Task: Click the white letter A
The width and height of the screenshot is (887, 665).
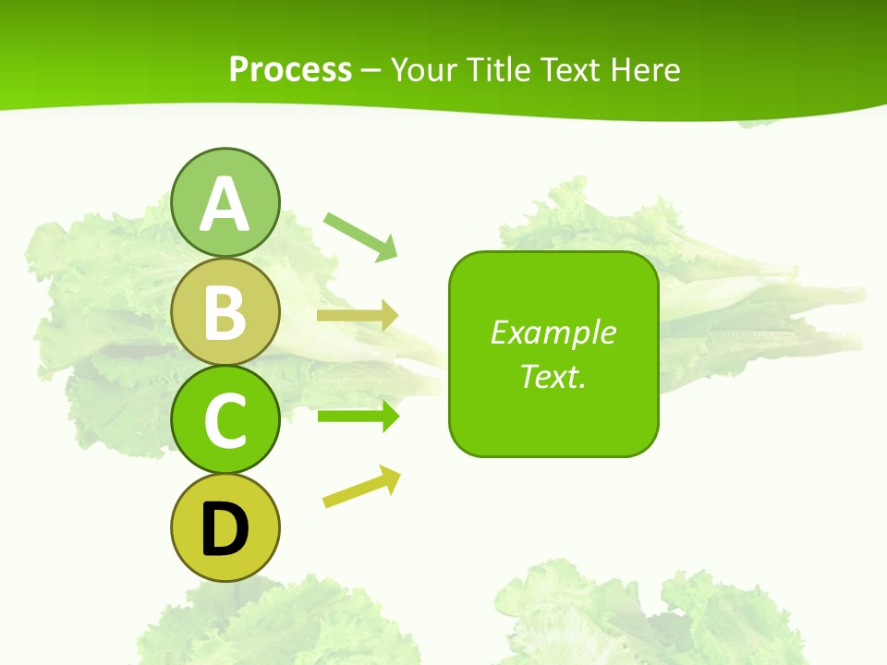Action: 225,205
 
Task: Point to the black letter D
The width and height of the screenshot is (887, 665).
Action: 225,529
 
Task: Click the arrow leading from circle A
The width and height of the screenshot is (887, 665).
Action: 360,236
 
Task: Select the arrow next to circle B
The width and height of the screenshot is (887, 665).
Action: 357,316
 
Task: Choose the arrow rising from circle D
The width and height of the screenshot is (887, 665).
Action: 361,487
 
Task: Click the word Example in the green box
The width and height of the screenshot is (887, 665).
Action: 553,332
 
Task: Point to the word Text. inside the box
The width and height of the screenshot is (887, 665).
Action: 553,376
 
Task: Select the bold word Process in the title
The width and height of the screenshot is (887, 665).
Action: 290,69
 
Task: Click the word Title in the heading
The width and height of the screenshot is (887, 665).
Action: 498,69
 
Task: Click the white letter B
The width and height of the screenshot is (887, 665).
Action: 225,314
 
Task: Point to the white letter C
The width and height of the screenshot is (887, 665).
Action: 225,421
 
